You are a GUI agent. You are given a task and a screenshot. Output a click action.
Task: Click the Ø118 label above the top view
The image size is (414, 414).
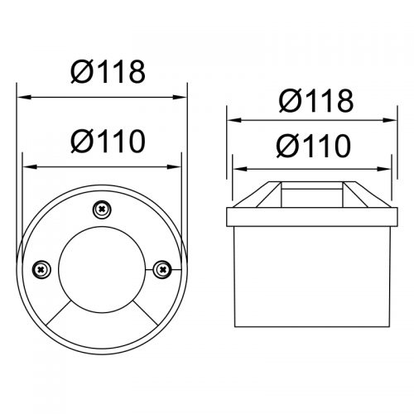click(x=108, y=72)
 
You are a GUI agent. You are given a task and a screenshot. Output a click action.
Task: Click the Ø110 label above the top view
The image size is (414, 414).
click(x=108, y=142)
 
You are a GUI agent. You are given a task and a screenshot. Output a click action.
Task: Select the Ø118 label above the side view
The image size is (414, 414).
click(x=316, y=101)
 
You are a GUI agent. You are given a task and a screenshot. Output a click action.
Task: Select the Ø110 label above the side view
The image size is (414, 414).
click(x=314, y=146)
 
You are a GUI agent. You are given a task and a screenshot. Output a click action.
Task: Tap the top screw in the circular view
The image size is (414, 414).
click(x=102, y=209)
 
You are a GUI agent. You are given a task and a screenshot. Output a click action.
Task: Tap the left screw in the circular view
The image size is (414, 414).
click(x=41, y=270)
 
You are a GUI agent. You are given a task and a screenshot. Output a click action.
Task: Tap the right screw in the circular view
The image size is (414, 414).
click(x=162, y=269)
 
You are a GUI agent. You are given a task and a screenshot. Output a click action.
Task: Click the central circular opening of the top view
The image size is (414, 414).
click(x=102, y=270)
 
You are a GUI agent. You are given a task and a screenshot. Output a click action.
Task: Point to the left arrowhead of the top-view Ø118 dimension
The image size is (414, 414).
click(x=23, y=97)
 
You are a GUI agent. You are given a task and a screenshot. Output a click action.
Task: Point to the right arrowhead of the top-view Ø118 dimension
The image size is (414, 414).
click(x=180, y=97)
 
